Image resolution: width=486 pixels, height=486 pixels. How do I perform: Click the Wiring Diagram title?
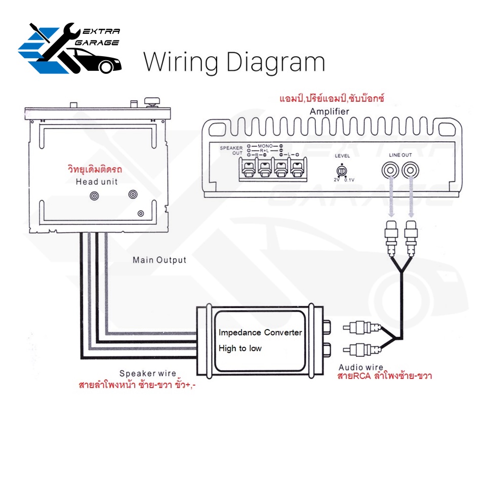234,63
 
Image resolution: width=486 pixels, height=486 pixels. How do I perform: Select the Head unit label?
97,182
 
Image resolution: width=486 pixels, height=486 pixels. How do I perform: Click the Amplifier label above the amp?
329,111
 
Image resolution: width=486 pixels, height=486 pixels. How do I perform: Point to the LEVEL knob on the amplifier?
342,171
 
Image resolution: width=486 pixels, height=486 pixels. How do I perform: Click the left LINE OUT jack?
390,170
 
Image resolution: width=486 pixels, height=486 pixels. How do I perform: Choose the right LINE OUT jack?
411,170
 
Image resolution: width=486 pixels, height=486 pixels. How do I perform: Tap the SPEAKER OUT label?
231,150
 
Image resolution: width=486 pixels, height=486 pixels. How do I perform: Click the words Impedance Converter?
260,333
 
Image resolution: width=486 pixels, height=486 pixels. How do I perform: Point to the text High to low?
240,348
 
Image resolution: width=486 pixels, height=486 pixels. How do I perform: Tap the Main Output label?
159,260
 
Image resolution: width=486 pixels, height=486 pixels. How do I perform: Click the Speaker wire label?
147,373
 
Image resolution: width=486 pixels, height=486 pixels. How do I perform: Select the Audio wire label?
361,368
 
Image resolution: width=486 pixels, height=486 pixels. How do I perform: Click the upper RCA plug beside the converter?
361,328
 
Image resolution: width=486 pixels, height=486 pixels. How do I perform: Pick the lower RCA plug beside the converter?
361,350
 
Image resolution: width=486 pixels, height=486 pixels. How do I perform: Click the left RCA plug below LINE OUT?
391,237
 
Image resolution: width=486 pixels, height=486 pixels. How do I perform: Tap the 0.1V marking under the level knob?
349,180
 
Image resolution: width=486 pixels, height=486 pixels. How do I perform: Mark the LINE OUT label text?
400,155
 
